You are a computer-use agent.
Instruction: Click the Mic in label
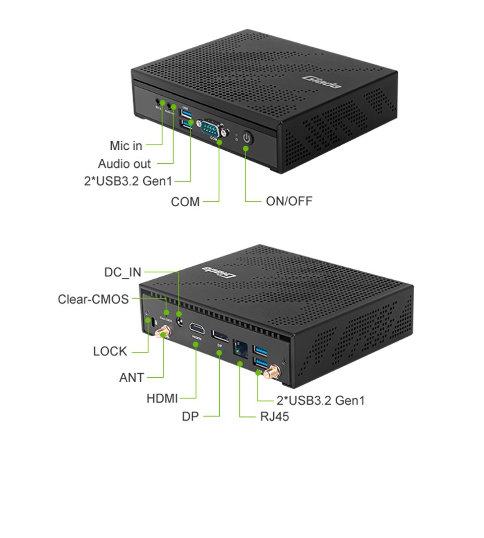(x=126, y=146)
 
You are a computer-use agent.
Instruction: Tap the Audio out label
(x=124, y=164)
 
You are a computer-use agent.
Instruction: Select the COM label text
(x=185, y=202)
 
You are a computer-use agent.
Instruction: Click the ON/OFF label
(x=289, y=202)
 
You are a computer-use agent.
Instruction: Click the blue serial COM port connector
(x=212, y=128)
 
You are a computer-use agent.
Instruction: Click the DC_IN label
(x=123, y=272)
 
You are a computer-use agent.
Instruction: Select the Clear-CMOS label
(x=93, y=299)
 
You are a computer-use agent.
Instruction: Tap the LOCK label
(x=110, y=351)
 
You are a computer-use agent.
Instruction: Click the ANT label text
(x=132, y=377)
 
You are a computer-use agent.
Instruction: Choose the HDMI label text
(x=162, y=398)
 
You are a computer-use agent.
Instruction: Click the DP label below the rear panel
(x=191, y=416)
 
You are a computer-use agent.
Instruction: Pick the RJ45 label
(x=275, y=416)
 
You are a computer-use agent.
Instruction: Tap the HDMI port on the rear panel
(x=197, y=330)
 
